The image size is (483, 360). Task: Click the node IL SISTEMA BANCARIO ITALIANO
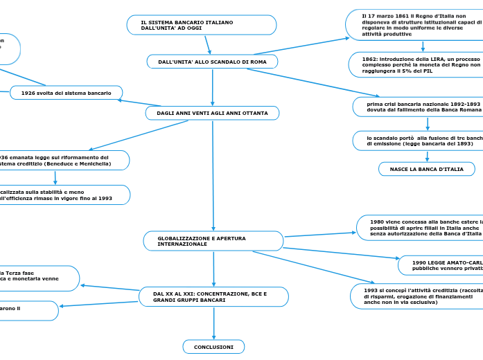201,26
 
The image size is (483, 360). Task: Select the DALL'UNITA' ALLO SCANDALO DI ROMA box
212,62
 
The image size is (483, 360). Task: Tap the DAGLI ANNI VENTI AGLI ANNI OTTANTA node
212,113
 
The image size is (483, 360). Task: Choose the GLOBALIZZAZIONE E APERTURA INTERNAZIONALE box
213,241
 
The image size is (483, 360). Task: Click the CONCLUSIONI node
213,346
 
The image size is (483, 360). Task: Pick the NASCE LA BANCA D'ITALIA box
426,169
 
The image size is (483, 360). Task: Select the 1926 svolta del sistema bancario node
66,93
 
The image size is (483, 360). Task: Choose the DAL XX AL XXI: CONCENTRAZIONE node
213,297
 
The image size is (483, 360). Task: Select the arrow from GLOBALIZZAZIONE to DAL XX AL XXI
213,269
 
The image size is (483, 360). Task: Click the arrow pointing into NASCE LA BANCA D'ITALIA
427,156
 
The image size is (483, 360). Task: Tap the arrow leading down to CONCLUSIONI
214,323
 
